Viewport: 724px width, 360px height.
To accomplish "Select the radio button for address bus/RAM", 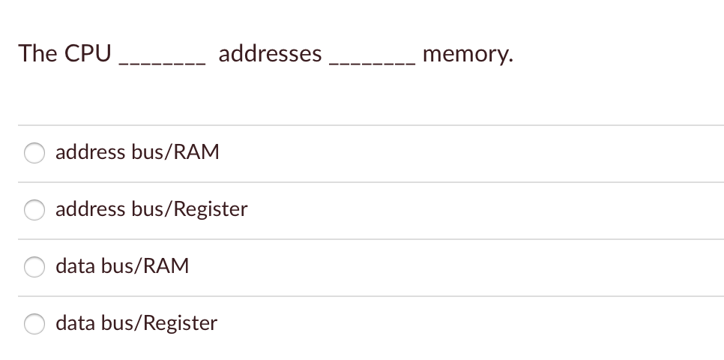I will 35,153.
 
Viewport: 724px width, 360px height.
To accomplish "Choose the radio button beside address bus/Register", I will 35,210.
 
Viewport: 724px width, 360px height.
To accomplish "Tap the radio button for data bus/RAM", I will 35,267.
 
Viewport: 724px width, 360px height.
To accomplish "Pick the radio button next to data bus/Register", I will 35,324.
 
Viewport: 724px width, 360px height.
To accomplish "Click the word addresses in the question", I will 270,54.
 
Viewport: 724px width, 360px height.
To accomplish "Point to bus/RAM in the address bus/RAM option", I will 175,152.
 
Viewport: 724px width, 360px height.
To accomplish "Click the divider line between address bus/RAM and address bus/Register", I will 371,181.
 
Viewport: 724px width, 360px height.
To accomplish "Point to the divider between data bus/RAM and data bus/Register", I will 371,295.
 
